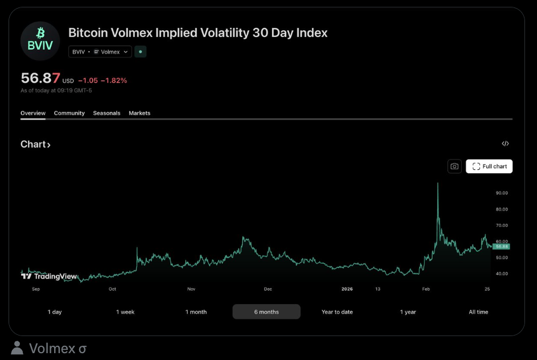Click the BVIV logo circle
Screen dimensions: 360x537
(40, 41)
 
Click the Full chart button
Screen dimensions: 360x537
(489, 166)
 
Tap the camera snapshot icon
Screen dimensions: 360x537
(454, 166)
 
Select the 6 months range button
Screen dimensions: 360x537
(266, 312)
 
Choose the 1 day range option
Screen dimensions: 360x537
(55, 312)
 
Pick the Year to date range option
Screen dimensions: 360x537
(337, 312)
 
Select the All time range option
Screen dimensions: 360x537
(478, 312)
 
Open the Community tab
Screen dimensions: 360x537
(69, 113)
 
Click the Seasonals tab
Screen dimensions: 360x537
(107, 113)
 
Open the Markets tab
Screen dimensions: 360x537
(140, 113)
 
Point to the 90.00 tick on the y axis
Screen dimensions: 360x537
(502, 193)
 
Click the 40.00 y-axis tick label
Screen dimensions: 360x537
(502, 273)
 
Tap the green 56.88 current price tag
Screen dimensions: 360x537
(502, 247)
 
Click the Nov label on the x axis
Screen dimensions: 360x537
(191, 289)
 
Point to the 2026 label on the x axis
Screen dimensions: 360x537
(347, 289)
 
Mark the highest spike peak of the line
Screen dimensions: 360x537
(437, 183)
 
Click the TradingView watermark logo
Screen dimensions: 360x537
(49, 276)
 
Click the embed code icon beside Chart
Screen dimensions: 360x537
(505, 144)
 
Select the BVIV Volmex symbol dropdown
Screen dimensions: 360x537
(100, 52)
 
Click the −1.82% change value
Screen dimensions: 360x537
(113, 80)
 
